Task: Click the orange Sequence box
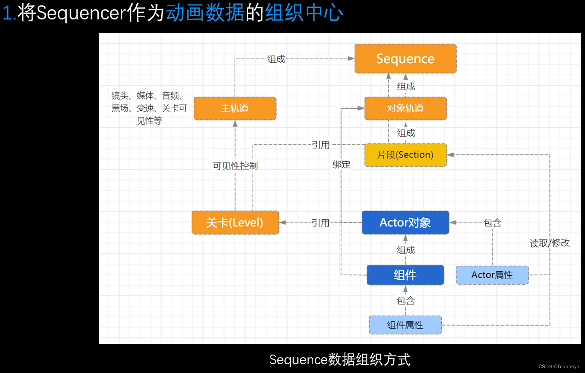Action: [x=405, y=59]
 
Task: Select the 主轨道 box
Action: [x=235, y=108]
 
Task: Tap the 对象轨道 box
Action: [x=405, y=108]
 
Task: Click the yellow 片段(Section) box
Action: [x=405, y=155]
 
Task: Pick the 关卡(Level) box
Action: [x=235, y=223]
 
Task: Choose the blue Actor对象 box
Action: [x=405, y=223]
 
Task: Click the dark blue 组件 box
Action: [x=405, y=275]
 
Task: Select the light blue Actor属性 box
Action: [x=492, y=275]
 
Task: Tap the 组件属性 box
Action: [x=405, y=325]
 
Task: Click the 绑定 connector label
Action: [x=341, y=165]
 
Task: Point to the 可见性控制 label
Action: [x=235, y=166]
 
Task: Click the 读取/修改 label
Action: [x=550, y=243]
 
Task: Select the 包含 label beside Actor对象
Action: [x=492, y=223]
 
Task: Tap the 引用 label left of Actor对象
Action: [x=320, y=223]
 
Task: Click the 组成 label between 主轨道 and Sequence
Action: [x=276, y=59]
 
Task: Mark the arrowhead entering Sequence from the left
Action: [x=351, y=59]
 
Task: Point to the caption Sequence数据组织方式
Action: [x=339, y=359]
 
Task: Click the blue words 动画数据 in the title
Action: [x=205, y=13]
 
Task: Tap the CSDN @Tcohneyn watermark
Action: [x=558, y=366]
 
